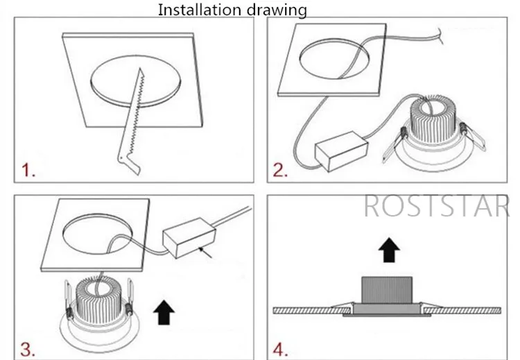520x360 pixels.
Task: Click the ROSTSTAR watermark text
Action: (x=436, y=205)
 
